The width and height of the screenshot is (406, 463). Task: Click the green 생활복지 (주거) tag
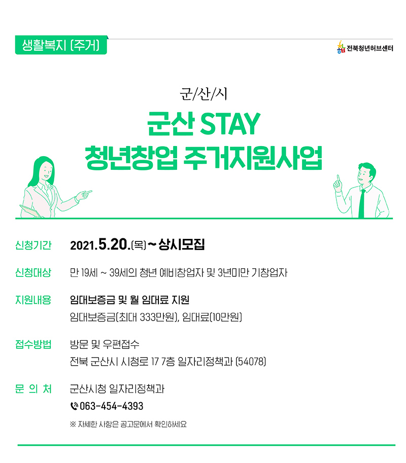click(61, 45)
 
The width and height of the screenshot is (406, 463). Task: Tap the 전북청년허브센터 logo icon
click(341, 47)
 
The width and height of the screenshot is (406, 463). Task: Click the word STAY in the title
click(230, 124)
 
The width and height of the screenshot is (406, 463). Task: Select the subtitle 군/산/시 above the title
click(204, 94)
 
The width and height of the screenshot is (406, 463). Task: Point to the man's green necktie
click(361, 203)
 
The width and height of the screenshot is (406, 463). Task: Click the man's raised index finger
click(338, 179)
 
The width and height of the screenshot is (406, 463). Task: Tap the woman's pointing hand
click(84, 195)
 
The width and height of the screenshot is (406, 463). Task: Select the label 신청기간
click(33, 245)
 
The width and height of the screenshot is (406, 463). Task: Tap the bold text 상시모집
click(181, 244)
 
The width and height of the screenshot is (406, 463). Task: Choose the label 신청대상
click(33, 272)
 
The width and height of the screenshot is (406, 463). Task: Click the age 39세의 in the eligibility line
click(123, 272)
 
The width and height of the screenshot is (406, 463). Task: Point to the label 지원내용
click(33, 300)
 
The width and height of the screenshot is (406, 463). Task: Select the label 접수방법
click(33, 344)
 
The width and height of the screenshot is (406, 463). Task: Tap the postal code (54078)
click(251, 362)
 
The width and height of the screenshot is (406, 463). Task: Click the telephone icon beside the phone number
click(74, 406)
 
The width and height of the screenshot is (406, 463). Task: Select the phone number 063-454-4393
click(112, 406)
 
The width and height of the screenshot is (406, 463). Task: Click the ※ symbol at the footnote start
click(73, 424)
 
